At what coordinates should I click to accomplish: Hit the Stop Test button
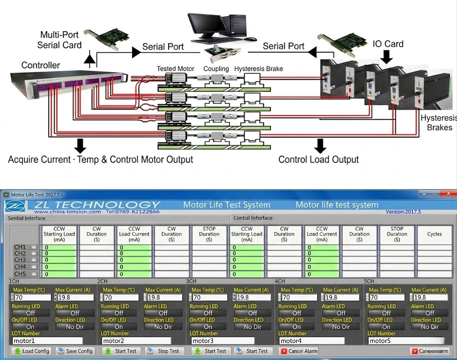click(163, 351)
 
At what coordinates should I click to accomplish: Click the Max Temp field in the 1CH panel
click(33, 297)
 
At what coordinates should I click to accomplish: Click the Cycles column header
click(434, 234)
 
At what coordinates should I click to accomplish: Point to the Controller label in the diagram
click(41, 65)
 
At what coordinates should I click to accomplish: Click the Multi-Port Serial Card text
click(59, 40)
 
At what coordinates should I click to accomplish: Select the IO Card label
click(388, 44)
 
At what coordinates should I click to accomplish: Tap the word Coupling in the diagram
click(216, 69)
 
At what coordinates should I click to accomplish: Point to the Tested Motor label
click(175, 69)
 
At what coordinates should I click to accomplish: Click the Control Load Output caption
click(319, 160)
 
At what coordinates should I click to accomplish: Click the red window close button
click(447, 194)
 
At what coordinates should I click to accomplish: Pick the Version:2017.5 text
click(403, 211)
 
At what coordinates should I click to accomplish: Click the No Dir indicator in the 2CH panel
click(163, 327)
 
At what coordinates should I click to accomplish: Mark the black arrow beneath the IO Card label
click(387, 56)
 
